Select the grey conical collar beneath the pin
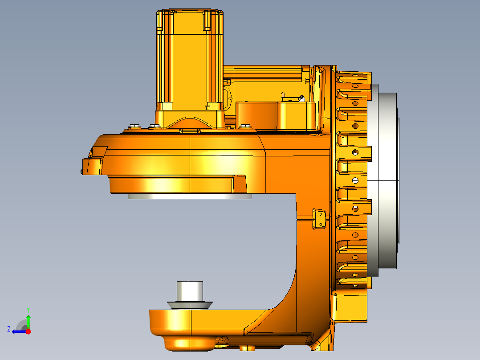click(190, 305)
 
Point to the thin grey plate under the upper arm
click(190, 196)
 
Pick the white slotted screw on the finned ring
click(355, 180)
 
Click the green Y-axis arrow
click(28, 320)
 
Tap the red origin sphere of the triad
click(28, 331)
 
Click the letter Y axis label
click(28, 309)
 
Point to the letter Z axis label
click(9, 329)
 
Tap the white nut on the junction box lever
click(301, 97)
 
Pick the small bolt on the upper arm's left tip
click(82, 171)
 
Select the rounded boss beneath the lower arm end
click(187, 344)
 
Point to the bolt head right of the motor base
click(244, 126)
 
